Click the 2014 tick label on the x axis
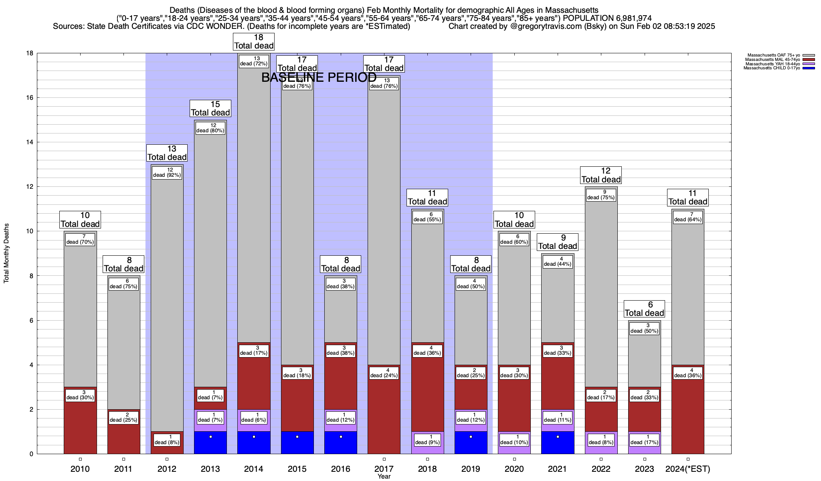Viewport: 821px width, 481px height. point(254,469)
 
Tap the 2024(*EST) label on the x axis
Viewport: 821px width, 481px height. point(688,469)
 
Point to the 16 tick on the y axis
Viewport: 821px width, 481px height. point(30,98)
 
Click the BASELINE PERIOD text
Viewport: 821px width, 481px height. point(319,77)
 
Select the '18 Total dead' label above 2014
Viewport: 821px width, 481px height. point(254,42)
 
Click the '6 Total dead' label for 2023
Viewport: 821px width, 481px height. point(644,309)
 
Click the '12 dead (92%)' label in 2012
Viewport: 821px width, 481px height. point(167,172)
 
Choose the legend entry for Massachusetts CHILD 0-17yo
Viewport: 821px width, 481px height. point(772,68)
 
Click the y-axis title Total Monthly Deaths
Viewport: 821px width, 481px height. point(6,253)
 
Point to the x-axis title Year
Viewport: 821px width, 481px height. point(384,477)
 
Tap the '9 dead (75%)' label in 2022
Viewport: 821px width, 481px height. point(601,195)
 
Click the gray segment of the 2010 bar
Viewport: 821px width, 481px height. point(80,321)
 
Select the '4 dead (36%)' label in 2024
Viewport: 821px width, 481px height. point(688,373)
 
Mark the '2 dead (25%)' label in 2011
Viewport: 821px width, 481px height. point(123,417)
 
